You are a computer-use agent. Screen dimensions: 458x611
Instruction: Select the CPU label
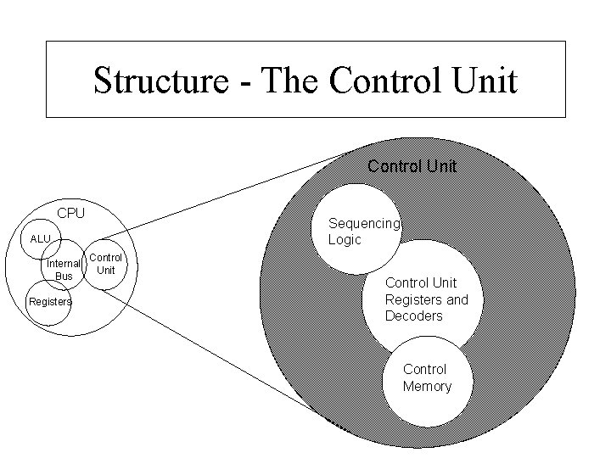pos(70,212)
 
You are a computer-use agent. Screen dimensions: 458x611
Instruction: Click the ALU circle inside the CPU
pos(42,238)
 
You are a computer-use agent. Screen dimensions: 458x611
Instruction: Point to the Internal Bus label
pos(64,270)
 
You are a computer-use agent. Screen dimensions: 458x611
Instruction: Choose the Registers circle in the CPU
pos(49,303)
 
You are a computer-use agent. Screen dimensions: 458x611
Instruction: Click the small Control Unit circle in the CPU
pos(106,264)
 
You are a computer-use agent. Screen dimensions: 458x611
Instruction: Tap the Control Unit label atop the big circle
pos(412,166)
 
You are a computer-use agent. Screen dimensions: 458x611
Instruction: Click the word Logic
pos(345,240)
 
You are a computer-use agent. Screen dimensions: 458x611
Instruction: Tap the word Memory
pos(427,387)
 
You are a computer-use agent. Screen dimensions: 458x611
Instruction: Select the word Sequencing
pos(363,223)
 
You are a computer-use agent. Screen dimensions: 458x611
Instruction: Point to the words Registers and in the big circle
pos(426,299)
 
